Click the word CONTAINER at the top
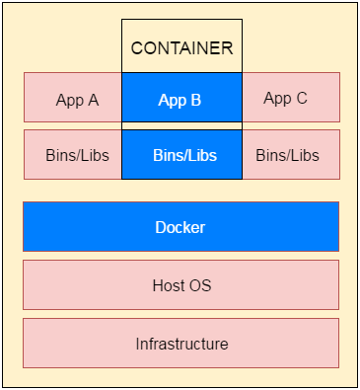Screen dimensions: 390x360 [x=181, y=47]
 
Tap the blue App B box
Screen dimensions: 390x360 [x=181, y=98]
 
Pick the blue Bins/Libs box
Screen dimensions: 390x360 [x=181, y=155]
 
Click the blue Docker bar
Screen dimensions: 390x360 [x=180, y=227]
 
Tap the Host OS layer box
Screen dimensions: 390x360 [x=180, y=285]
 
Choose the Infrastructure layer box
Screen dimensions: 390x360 [x=180, y=344]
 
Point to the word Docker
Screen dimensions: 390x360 [x=180, y=228]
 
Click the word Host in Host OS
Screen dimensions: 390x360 [x=170, y=286]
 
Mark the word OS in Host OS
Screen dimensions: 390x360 [x=200, y=286]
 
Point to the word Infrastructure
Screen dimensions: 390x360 [x=181, y=345]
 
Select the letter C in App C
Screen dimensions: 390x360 [x=301, y=99]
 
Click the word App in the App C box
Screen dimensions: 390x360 [x=278, y=99]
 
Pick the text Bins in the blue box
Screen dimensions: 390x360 [x=168, y=156]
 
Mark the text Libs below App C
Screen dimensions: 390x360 [x=304, y=156]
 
